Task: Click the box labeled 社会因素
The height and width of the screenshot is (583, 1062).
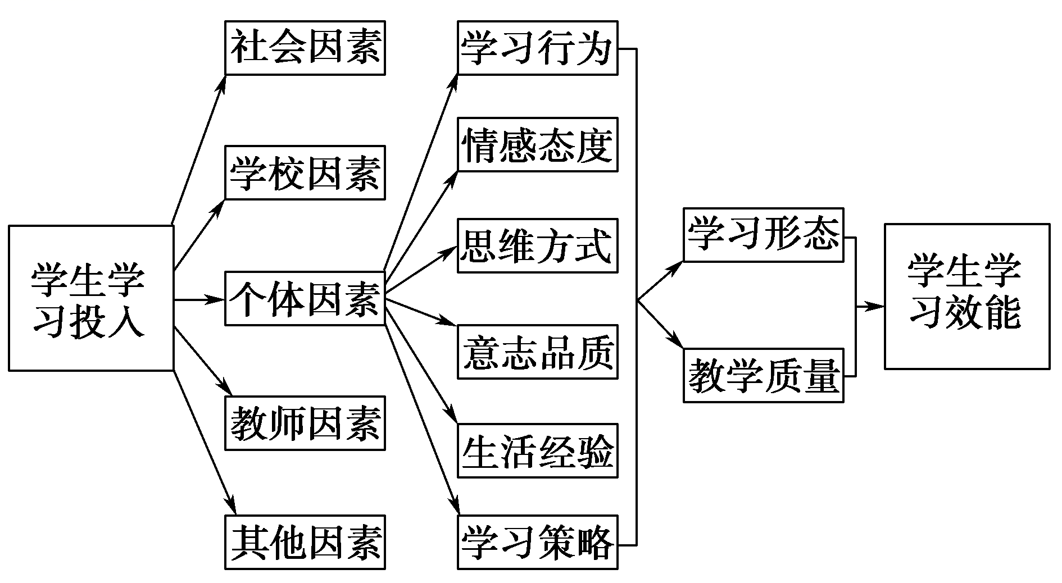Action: pyautogui.click(x=305, y=48)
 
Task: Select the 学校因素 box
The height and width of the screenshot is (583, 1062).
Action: pyautogui.click(x=305, y=172)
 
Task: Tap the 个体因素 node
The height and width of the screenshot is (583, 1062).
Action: pyautogui.click(x=305, y=298)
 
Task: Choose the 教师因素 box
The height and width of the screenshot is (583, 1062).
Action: pyautogui.click(x=305, y=423)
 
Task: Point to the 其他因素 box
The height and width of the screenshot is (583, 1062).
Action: pyautogui.click(x=305, y=542)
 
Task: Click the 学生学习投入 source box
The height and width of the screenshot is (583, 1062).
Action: pyautogui.click(x=91, y=298)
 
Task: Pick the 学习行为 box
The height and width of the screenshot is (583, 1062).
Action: pyautogui.click(x=537, y=48)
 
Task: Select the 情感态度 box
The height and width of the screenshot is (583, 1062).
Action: pyautogui.click(x=537, y=144)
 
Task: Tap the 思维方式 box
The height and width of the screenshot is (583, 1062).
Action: pyautogui.click(x=537, y=245)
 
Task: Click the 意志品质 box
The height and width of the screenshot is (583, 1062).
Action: pyautogui.click(x=537, y=352)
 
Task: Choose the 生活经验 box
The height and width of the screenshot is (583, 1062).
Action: pyautogui.click(x=537, y=450)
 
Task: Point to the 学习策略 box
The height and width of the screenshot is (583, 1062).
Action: pyautogui.click(x=537, y=542)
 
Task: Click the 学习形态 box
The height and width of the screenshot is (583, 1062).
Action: pyautogui.click(x=763, y=235)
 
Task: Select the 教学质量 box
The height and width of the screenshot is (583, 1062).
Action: pyautogui.click(x=763, y=375)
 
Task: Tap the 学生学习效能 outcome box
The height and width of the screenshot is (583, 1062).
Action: pyautogui.click(x=966, y=296)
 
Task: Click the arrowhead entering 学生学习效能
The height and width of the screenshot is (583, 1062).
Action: pyautogui.click(x=877, y=307)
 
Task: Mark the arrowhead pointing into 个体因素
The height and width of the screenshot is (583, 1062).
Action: pyautogui.click(x=217, y=299)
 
